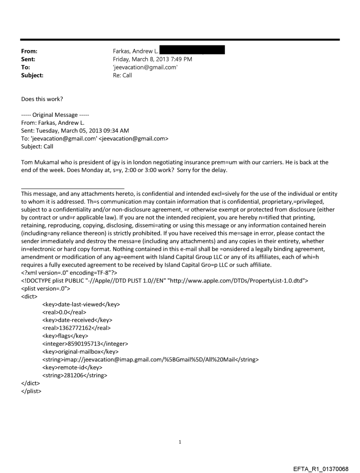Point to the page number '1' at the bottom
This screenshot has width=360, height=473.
pyautogui.click(x=180, y=442)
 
